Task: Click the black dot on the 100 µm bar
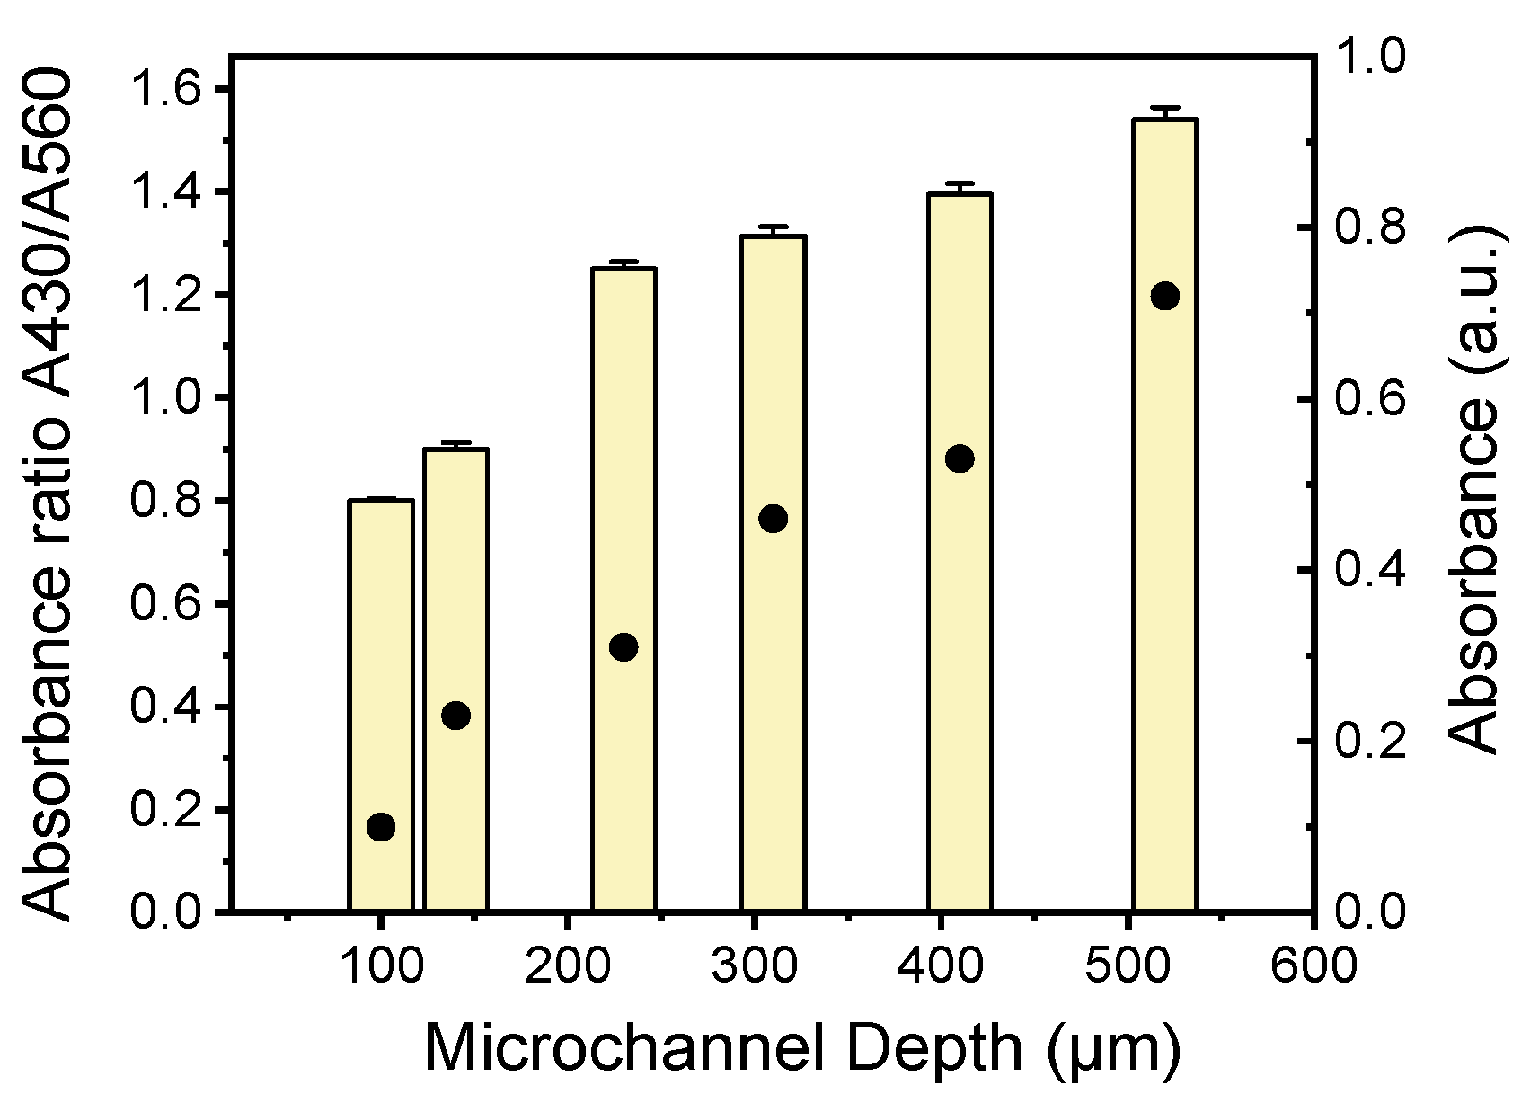pos(381,827)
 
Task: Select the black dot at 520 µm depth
pos(1165,296)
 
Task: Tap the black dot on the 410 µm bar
pos(960,458)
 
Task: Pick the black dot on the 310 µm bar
pos(773,518)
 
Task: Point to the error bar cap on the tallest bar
pos(1165,107)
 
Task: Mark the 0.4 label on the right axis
pos(1371,570)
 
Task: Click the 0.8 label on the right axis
pos(1371,228)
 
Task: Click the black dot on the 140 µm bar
pos(455,716)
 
